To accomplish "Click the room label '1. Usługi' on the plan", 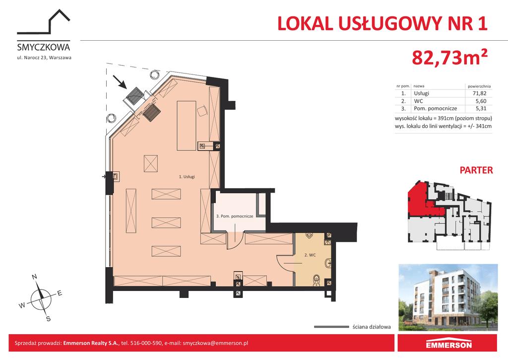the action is [x=187, y=177].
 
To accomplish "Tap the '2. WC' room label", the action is [x=310, y=255].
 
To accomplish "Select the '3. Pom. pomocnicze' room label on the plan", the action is [x=235, y=216].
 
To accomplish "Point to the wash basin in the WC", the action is [x=328, y=263].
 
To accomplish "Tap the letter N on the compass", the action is [x=34, y=277].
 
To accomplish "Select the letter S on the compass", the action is [x=49, y=319].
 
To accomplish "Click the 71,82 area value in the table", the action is [x=480, y=93].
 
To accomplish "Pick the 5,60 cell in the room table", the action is [x=481, y=101].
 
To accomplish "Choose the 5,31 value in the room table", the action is [x=481, y=109].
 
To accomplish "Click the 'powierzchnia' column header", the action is [x=479, y=86].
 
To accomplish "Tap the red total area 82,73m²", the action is [x=449, y=58].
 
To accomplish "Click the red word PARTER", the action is [x=476, y=170].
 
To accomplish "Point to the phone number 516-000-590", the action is [x=146, y=343].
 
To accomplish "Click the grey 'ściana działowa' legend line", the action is [x=331, y=327].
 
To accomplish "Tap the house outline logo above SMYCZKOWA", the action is [x=44, y=22].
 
